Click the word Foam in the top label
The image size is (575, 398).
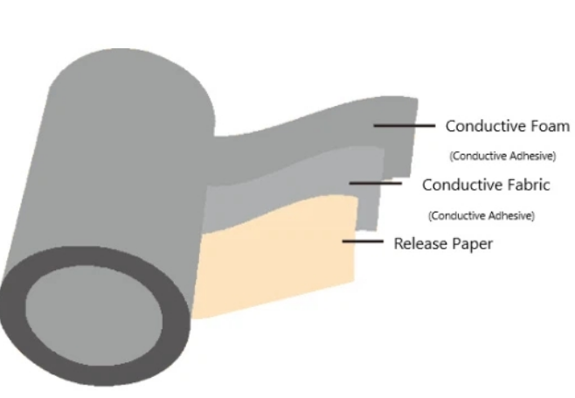click(x=550, y=126)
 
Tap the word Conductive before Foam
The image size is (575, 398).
click(x=486, y=126)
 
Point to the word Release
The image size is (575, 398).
click(x=420, y=243)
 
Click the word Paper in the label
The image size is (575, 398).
click(x=472, y=244)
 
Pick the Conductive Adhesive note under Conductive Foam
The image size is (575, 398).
click(x=502, y=156)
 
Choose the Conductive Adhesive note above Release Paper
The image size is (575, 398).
click(x=481, y=215)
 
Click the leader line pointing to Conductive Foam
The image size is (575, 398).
click(x=405, y=126)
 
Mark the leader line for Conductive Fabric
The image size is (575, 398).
click(x=376, y=183)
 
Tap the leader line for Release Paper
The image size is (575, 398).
click(x=363, y=241)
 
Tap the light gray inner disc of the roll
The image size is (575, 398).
click(x=94, y=316)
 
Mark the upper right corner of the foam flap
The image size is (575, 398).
click(x=418, y=98)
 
